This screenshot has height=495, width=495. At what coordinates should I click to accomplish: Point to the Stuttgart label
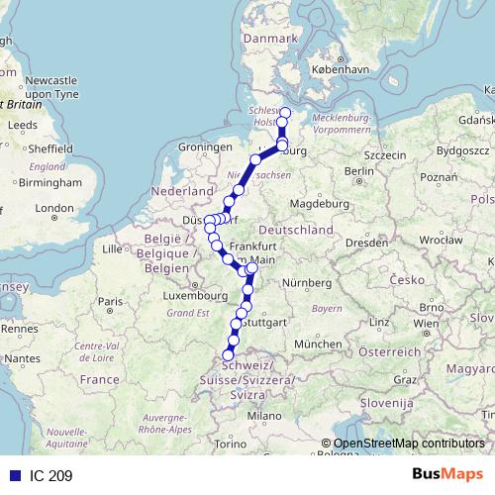pyautogui.click(x=263, y=323)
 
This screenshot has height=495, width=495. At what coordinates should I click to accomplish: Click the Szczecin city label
pyautogui.click(x=385, y=155)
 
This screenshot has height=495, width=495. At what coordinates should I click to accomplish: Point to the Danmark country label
pyautogui.click(x=270, y=38)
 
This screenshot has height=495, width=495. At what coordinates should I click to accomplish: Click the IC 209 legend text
pyautogui.click(x=49, y=476)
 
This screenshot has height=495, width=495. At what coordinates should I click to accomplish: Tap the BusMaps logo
pyautogui.click(x=446, y=475)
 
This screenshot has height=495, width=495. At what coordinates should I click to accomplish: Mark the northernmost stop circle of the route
pyautogui.click(x=285, y=112)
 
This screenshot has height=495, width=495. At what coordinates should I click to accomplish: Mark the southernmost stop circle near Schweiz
pyautogui.click(x=229, y=354)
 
